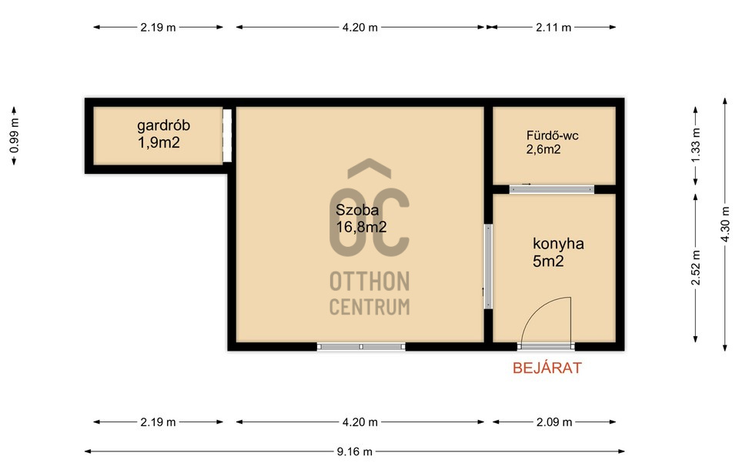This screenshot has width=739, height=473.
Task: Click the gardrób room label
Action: pos(163,134)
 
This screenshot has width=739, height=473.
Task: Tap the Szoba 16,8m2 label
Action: pos(361,218)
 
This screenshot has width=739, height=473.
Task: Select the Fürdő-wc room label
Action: pos(552,142)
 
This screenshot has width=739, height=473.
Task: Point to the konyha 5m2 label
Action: pos(558,252)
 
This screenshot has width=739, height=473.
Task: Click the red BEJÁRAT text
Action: pos(547,368)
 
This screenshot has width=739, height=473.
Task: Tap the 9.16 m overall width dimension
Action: pos(354,451)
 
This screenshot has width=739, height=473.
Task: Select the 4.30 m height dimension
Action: pos(725,225)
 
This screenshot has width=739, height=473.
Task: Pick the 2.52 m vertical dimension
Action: pos(696,268)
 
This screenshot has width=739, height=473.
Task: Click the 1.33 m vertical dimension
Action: pos(696,145)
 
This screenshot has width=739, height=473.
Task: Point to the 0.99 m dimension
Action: pos(14,135)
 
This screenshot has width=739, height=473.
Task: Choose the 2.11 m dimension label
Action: pos(553,28)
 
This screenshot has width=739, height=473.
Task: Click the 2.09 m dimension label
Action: pos(554,422)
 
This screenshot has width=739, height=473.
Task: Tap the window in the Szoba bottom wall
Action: pos(361,347)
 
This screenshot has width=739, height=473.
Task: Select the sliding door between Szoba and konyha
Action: pos(488,267)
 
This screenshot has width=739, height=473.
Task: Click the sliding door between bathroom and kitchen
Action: pos(552,189)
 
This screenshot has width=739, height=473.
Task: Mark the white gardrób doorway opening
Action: pos(227,135)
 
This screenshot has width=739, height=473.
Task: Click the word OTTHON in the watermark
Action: pos(369,281)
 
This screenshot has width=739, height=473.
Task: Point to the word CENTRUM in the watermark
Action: pos(369,307)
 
